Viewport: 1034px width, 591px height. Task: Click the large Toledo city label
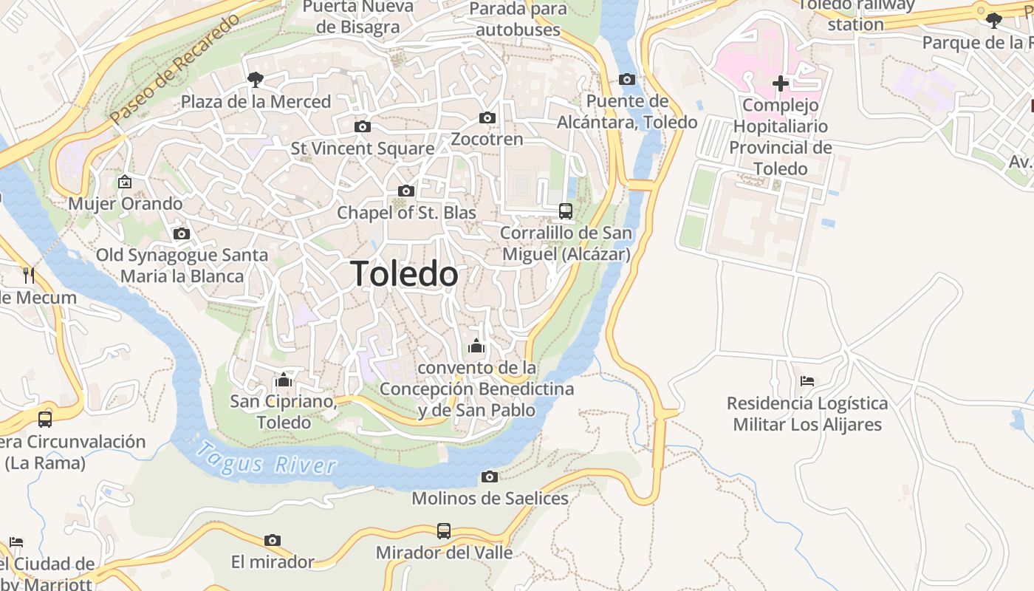coord(404,274)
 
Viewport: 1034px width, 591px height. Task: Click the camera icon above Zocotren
coord(487,117)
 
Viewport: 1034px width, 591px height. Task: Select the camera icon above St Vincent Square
coord(362,126)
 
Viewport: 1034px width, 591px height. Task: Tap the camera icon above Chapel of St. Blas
coord(405,191)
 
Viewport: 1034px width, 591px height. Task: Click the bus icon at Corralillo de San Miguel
coord(565,211)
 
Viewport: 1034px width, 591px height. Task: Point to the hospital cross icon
coord(780,83)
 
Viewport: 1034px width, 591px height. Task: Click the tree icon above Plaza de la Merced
coord(256,79)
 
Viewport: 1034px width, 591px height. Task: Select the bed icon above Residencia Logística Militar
coord(807,381)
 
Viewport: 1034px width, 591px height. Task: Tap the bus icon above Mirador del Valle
coord(443,530)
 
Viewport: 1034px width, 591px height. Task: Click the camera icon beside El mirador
coord(273,540)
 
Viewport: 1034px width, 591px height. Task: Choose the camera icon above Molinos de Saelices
coord(489,476)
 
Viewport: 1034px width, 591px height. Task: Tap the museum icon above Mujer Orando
coord(125,181)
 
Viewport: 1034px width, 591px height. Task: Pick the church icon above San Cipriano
coord(283,380)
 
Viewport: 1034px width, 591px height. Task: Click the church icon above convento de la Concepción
coord(476,345)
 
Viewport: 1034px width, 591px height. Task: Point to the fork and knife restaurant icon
coord(29,276)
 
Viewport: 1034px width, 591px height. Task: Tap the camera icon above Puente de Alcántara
coord(626,79)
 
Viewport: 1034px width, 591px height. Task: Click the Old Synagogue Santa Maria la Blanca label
coord(182,266)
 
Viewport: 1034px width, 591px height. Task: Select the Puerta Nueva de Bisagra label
coord(357,16)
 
